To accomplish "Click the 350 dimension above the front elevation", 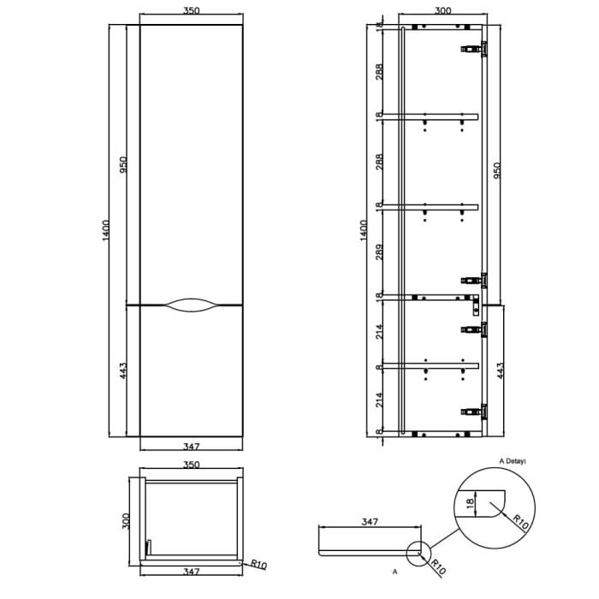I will tap(191, 11).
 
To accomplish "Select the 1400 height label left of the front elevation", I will tap(106, 229).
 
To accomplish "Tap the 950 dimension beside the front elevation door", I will tap(123, 164).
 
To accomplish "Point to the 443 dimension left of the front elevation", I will tap(123, 371).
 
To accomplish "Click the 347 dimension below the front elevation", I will tap(191, 446).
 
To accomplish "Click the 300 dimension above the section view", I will tap(442, 11).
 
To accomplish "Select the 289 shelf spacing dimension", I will tap(379, 252).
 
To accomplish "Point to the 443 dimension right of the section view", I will tap(499, 371).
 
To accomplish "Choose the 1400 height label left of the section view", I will tap(364, 229).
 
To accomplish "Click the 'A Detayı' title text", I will tap(512, 460).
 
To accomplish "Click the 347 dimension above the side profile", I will tap(370, 521).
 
